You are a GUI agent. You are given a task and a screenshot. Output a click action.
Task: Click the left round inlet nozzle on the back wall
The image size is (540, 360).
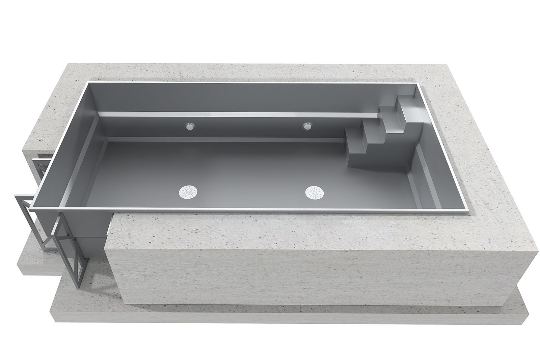pyautogui.click(x=190, y=127)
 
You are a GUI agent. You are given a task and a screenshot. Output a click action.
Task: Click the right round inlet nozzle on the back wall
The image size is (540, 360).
pyautogui.click(x=307, y=127)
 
